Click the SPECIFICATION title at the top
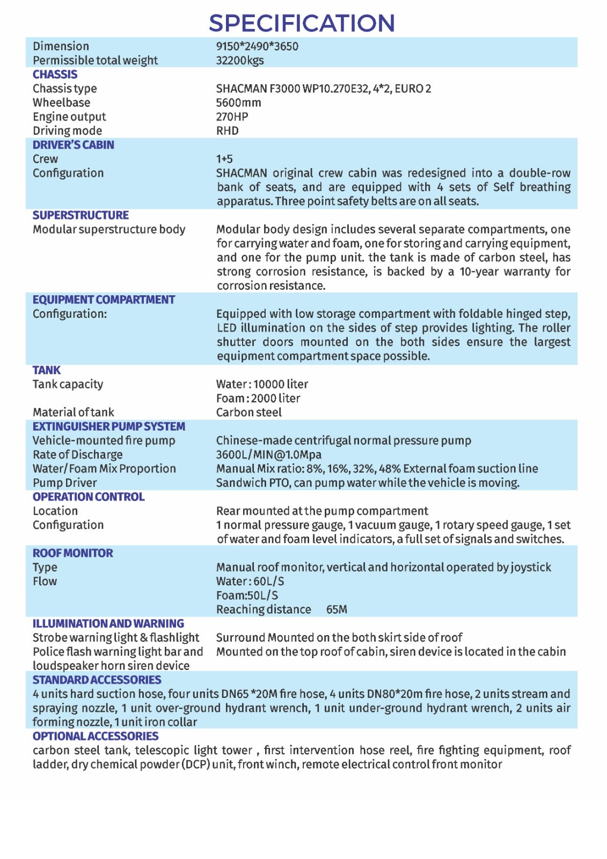[302, 23]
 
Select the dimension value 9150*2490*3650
[257, 46]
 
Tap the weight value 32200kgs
[240, 60]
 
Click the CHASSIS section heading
[55, 75]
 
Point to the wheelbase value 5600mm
[238, 103]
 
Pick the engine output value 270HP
[232, 117]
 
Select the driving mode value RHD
[227, 130]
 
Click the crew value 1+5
[224, 159]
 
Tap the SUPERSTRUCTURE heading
[81, 215]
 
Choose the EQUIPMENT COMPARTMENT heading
[104, 300]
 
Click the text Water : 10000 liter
[262, 384]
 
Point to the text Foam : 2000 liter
[258, 398]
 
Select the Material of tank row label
[73, 412]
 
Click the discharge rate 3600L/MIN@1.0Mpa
[268, 454]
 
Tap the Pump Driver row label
[64, 483]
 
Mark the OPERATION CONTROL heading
[89, 497]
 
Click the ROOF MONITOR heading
[72, 553]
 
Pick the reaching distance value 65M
[337, 609]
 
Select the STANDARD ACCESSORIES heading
[97, 680]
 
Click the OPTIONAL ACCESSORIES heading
[96, 736]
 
